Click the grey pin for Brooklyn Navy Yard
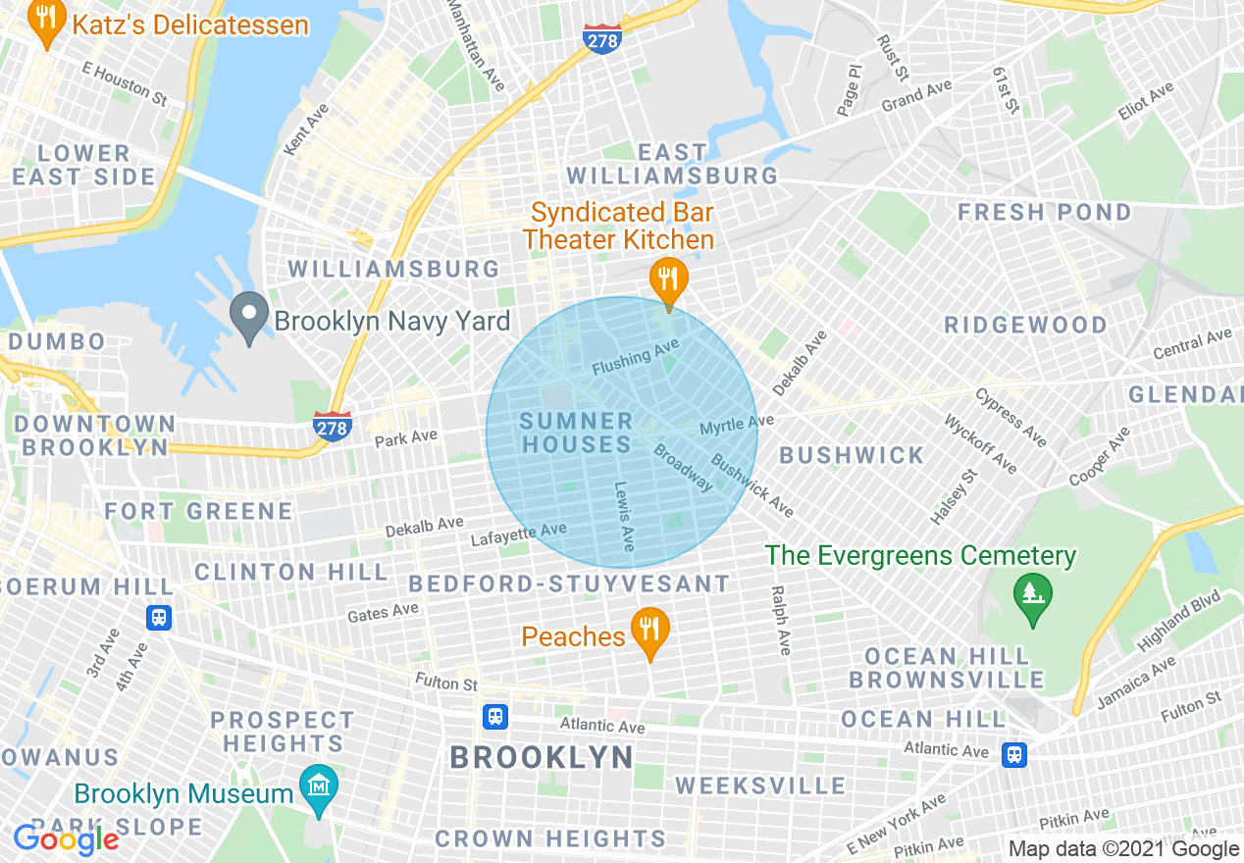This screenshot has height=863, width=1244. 249,316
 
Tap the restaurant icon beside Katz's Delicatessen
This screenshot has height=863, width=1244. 45,22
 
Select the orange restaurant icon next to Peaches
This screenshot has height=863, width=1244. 649,631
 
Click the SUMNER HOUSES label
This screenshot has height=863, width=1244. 576,432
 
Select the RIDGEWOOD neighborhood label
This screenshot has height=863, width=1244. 1025,325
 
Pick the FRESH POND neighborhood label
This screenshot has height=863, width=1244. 1044,212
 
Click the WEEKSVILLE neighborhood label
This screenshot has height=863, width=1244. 760,786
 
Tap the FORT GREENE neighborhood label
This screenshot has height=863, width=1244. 198,511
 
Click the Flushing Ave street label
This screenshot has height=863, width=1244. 636,358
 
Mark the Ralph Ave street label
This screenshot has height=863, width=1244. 781,620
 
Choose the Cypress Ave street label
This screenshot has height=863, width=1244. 1011,417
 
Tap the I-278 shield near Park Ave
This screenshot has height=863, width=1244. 334,426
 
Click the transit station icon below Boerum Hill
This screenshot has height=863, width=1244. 159,618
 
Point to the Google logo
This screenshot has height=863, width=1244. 66,839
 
